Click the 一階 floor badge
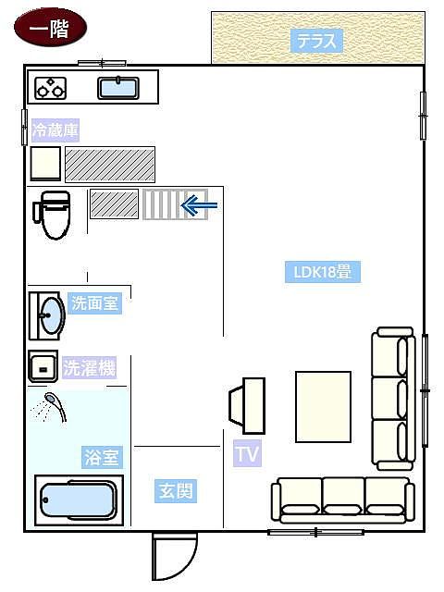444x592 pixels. tap(50, 27)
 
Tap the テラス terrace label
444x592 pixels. tap(316, 41)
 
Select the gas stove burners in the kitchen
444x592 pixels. tap(51, 88)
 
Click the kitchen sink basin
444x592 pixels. tap(118, 88)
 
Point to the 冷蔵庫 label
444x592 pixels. tap(55, 130)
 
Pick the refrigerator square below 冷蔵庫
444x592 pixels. tap(45, 164)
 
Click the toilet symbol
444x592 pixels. tap(53, 216)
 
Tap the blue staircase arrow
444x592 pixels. tap(200, 205)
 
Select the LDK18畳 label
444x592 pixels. tap(323, 272)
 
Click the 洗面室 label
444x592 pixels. tap(95, 302)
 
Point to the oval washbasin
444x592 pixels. tap(53, 315)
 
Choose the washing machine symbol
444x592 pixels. tap(43, 366)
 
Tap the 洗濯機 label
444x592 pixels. tap(89, 368)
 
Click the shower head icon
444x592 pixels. tap(55, 407)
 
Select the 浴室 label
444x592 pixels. tap(102, 457)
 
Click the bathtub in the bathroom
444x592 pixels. tap(79, 500)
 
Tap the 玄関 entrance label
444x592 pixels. tap(176, 491)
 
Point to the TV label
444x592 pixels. tap(247, 453)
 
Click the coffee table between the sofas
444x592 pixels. tap(323, 407)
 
